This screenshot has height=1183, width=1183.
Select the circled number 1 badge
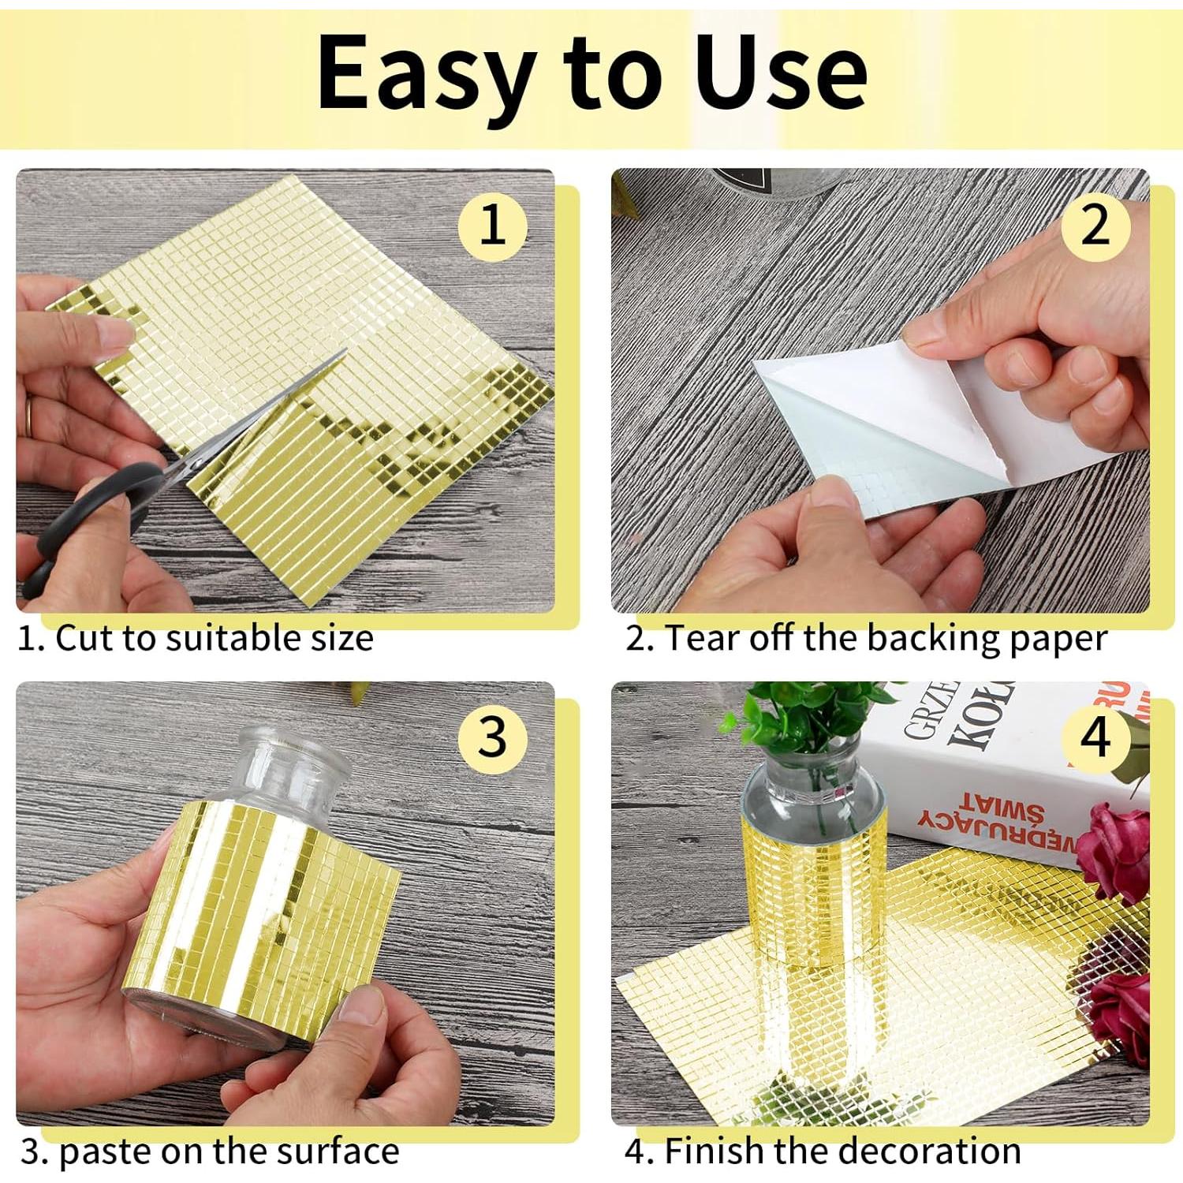click(493, 226)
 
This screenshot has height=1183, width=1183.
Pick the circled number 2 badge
click(1095, 226)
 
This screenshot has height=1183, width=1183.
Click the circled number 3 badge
click(493, 737)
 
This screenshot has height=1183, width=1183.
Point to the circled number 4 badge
click(1095, 737)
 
